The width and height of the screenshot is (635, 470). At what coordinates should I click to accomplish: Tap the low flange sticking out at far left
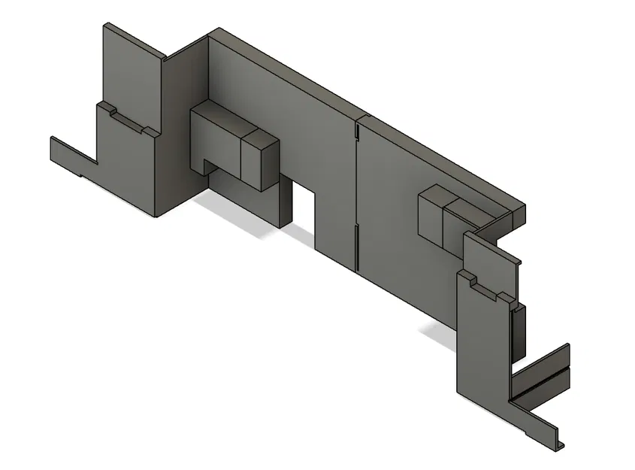coord(71,154)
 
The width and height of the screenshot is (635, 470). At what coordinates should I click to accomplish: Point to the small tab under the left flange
coord(80,175)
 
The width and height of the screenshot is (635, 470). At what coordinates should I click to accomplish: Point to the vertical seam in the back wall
coord(355,196)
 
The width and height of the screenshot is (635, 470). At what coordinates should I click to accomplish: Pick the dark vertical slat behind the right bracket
coord(519,331)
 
